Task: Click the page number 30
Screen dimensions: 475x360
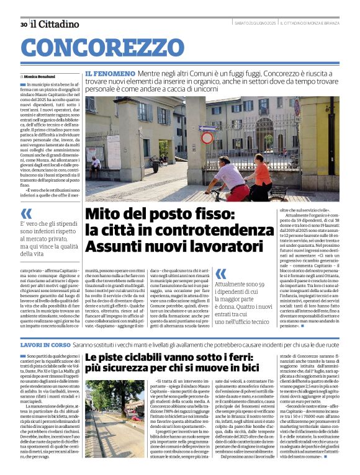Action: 23,24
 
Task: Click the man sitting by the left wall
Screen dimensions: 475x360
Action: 96,165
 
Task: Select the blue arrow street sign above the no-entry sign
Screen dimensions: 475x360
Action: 205,128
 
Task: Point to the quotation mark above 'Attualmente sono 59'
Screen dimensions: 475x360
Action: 220,273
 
